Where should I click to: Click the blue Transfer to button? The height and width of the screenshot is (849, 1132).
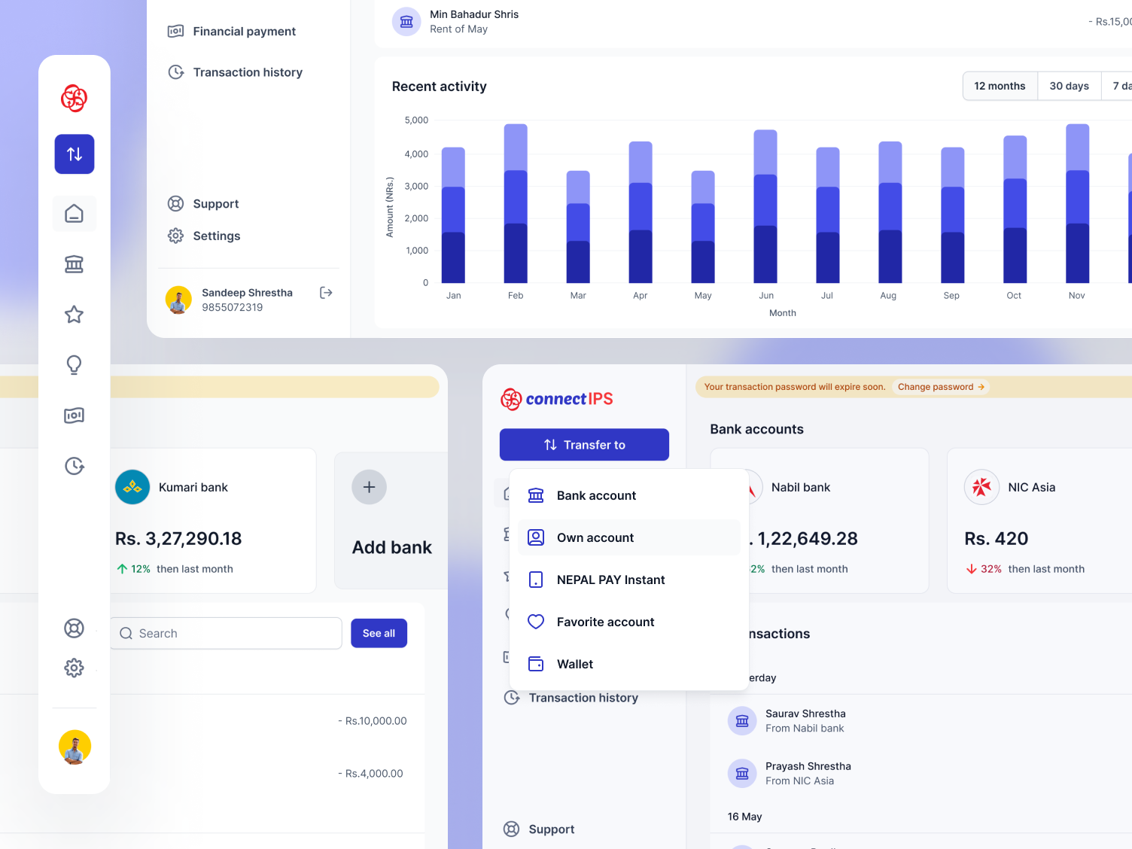584,445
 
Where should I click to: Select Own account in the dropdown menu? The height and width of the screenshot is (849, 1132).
595,537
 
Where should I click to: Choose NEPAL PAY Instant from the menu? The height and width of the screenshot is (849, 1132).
610,580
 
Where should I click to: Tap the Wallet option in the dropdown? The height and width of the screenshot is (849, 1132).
574,664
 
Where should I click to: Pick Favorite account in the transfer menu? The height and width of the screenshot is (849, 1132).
605,622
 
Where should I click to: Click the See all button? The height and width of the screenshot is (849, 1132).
379,634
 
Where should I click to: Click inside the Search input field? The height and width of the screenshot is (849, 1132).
226,634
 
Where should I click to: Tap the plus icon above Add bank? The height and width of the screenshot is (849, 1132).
369,487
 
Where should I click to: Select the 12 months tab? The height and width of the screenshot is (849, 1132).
1000,86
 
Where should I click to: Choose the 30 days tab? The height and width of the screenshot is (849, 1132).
1069,86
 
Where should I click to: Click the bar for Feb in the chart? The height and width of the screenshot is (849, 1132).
516,203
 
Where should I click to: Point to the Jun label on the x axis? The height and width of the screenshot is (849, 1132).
766,296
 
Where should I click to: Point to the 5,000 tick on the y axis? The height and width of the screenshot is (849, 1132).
416,120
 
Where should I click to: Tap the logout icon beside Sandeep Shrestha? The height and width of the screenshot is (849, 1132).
326,293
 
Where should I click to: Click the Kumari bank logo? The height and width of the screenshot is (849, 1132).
132,487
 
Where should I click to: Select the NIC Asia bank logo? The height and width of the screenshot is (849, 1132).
981,487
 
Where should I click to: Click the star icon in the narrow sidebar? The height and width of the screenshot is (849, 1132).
74,315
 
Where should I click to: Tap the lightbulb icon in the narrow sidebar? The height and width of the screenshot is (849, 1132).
74,365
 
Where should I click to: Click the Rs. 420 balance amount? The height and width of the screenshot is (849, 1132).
996,539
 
